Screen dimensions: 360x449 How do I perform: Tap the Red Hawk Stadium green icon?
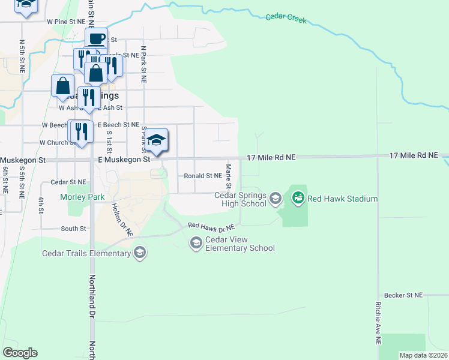298,197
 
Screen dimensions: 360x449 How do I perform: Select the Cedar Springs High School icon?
276,198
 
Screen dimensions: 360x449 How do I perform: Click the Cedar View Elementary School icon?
196,242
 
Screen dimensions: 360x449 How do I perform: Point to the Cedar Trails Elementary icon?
139,253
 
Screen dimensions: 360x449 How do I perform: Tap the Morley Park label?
82,197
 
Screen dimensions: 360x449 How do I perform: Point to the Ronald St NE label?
203,176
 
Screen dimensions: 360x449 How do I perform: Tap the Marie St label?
228,175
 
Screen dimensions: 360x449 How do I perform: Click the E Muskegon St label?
124,160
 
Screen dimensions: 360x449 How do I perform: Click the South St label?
73,229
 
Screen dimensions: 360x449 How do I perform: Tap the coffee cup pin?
96,39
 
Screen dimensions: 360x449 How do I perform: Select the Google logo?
20,353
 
